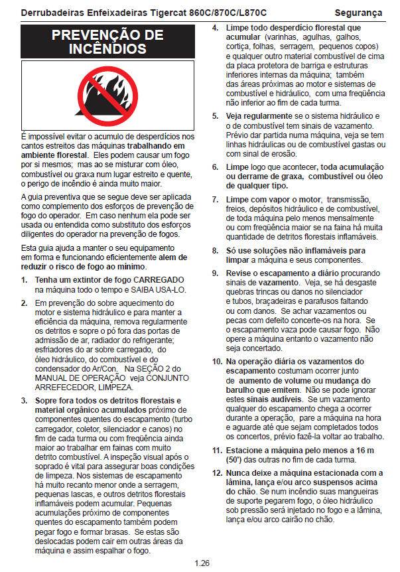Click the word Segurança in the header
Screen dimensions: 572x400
pyautogui.click(x=358, y=12)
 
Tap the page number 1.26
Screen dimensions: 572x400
pyautogui.click(x=202, y=563)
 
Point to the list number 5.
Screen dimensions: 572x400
pyautogui.click(x=216, y=116)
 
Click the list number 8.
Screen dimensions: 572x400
pyautogui.click(x=216, y=250)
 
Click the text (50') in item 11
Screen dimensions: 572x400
pyautogui.click(x=234, y=459)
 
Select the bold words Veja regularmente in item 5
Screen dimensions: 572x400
pyautogui.click(x=257, y=116)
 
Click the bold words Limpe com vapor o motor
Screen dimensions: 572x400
pyautogui.click(x=273, y=200)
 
